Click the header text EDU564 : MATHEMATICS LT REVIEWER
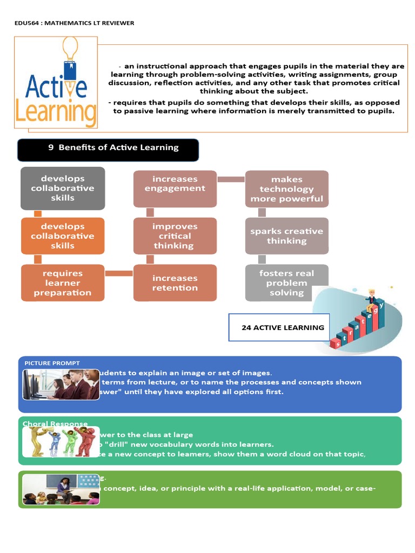coord(74,23)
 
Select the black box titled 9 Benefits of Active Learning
coord(108,150)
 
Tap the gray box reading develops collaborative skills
coord(63,188)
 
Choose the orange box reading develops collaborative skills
coord(63,236)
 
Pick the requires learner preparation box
coord(63,283)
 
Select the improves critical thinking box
coord(175,236)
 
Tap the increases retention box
coord(175,283)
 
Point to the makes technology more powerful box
coord(286,189)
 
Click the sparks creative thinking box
coord(286,236)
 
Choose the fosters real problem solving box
coord(286,283)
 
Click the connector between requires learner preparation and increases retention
coord(119,273)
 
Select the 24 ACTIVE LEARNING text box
coord(279,327)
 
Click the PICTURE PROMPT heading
coord(52,363)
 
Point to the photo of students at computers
coord(61,385)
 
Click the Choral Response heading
coord(55,424)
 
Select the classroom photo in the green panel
coord(61,490)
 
